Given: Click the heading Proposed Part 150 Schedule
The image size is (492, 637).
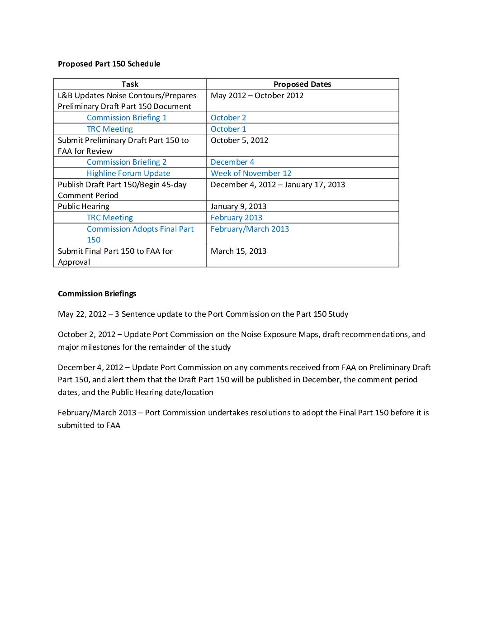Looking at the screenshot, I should pos(109,64).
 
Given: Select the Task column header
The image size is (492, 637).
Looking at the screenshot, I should pos(130,84).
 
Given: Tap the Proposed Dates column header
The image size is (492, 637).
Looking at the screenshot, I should pos(302,84).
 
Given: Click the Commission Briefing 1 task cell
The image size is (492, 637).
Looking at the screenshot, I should pos(127,118).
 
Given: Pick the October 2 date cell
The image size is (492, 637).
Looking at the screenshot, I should pos(228,118).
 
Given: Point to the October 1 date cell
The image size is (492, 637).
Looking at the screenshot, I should pos(228,129).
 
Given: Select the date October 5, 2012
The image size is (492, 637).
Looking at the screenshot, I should pos(239,140).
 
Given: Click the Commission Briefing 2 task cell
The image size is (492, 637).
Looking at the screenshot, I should pos(127,162).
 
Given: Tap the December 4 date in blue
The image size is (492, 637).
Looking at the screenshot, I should pos(232,162).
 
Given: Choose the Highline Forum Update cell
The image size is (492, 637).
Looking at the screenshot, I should pos(128,173).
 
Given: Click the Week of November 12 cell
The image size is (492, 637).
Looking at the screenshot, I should pos(251,173).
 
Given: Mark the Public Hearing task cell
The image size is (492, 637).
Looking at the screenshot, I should pos(84,206).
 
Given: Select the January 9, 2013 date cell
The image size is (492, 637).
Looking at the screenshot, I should pos(238,206).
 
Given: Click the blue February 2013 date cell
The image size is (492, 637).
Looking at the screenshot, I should pos(237,218).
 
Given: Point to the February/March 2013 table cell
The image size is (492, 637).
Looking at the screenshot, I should pos(250,229).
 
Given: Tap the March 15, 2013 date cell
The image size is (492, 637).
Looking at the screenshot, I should pos(238,251).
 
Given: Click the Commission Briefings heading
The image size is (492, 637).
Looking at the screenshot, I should pos(97,294).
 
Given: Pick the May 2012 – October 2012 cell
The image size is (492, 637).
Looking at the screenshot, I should pos(257,95).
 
